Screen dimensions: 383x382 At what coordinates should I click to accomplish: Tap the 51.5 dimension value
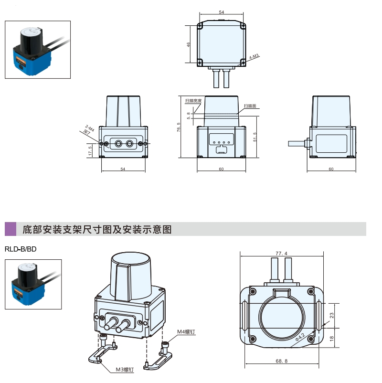[x=255, y=137]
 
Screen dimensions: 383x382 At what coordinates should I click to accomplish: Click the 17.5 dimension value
[x=90, y=151]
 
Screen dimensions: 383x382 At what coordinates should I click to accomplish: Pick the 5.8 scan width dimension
[x=189, y=115]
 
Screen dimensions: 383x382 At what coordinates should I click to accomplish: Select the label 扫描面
[x=250, y=106]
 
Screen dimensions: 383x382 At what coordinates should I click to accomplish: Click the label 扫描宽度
[x=194, y=101]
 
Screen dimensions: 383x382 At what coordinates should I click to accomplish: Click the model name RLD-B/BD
[x=21, y=249]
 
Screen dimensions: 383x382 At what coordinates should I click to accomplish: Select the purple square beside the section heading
[x=10, y=229]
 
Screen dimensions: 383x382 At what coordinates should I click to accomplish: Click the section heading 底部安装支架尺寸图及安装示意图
[x=97, y=230]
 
